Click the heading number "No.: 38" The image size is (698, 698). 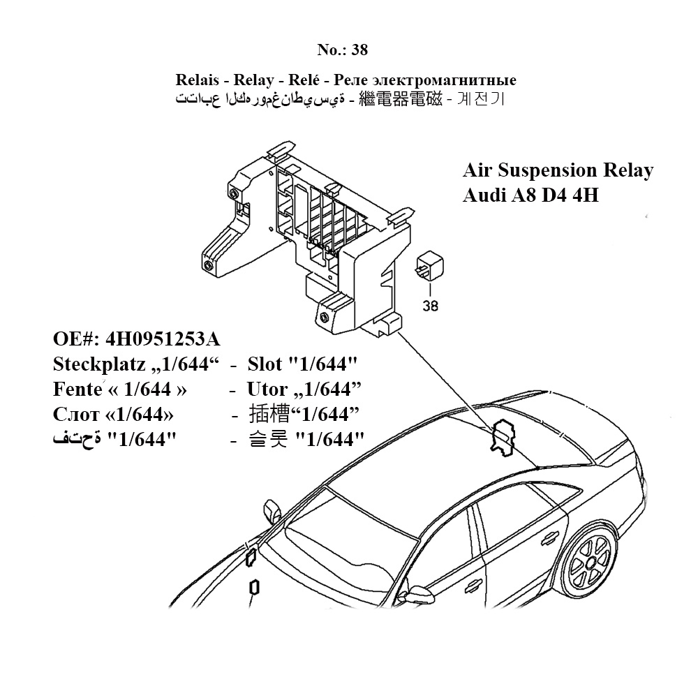tap(342, 50)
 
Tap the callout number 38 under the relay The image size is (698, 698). tap(431, 305)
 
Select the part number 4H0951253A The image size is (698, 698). tap(163, 340)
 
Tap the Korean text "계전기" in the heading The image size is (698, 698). tap(480, 99)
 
